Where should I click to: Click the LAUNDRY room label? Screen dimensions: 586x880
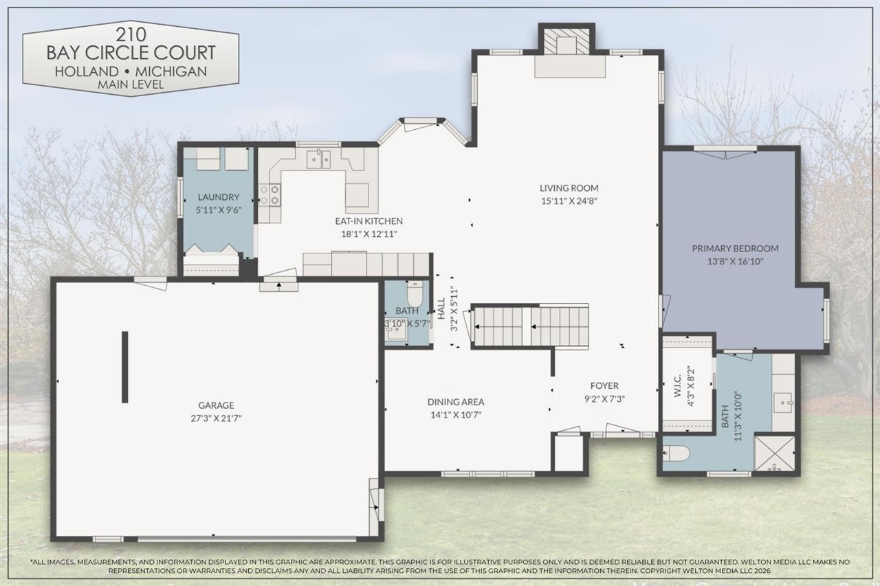[x=219, y=197]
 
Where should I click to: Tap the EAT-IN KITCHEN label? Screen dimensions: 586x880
[x=368, y=221]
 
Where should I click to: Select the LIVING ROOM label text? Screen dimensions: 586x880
[x=569, y=188]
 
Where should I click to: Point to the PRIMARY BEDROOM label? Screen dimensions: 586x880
[x=735, y=249]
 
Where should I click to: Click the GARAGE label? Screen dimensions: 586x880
[x=217, y=405]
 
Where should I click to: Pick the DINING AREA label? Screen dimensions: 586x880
[x=456, y=402]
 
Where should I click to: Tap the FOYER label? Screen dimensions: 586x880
[x=604, y=386]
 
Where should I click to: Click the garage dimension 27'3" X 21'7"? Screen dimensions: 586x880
[x=217, y=417]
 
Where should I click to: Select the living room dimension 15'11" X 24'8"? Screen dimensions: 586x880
[x=569, y=201]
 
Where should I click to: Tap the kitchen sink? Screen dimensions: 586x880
[x=318, y=159]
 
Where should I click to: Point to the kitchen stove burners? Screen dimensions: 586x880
[x=269, y=194]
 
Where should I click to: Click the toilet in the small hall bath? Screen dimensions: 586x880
[x=415, y=295]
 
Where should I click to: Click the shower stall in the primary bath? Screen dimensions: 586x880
[x=774, y=453]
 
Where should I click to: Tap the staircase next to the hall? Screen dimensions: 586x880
[x=530, y=326]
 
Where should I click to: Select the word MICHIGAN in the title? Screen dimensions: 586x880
[x=177, y=71]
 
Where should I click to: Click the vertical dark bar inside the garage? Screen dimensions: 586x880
[x=124, y=367]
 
